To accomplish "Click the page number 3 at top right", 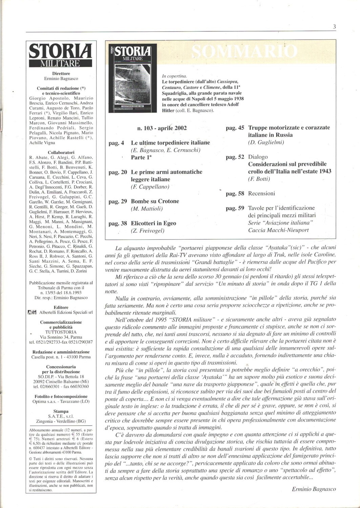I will pos(334,27).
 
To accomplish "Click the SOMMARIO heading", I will pos(245,51).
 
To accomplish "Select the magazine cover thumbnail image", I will pos(132,78).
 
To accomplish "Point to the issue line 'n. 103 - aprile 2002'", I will pos(162,128).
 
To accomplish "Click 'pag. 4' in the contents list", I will pos(116,143).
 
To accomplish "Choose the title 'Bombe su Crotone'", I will pos(155,201).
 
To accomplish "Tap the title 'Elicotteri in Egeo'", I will pos(153,223).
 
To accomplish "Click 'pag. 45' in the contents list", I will pos(235,128).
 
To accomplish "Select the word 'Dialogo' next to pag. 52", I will pos(258,157).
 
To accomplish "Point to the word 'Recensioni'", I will pos(261,193).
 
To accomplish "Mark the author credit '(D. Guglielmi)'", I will pos(266,142).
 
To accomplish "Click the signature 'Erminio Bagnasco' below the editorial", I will pos(314,489).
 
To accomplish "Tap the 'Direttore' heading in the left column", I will pos(61,73).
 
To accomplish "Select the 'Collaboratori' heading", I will pos(61,152).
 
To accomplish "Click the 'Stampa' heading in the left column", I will pos(61,411).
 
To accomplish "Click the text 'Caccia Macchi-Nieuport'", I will pos(278,230).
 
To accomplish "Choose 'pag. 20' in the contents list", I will pos(118,172).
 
